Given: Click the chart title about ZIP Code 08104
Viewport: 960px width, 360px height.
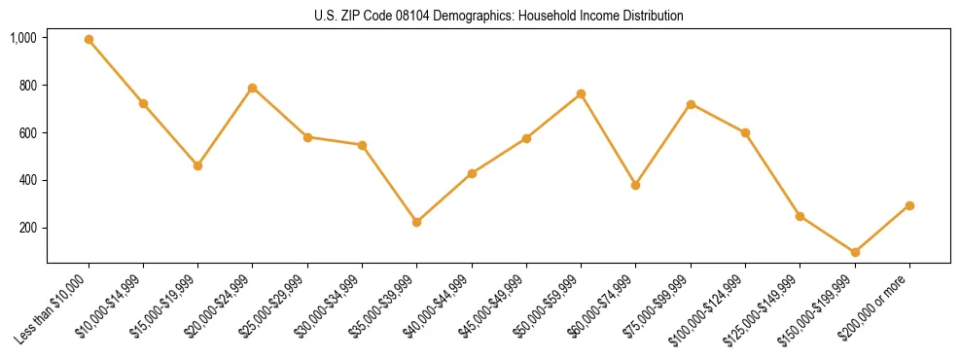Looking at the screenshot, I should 498,16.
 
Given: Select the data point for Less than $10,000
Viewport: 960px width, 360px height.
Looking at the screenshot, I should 89,40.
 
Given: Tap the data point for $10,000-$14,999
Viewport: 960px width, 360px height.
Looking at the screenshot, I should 143,103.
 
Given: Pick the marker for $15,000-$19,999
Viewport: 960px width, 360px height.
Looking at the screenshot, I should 197,165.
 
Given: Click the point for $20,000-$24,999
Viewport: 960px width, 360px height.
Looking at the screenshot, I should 253,88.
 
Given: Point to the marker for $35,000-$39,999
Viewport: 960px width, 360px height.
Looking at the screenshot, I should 416,222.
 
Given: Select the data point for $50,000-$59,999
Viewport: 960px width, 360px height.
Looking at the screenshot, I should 581,93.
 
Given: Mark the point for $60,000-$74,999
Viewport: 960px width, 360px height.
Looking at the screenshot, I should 635,185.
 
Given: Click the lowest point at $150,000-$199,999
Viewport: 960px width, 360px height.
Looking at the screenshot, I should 855,252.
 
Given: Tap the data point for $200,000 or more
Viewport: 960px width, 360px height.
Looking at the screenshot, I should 909,205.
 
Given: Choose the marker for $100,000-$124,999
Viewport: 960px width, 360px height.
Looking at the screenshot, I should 745,132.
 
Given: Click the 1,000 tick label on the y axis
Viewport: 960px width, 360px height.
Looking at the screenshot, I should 23,38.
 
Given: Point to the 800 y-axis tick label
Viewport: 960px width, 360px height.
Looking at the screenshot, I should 28,86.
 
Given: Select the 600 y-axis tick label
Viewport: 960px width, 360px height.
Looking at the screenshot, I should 28,133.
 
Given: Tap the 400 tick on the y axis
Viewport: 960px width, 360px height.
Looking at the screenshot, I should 28,181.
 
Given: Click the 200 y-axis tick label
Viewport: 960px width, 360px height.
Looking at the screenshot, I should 28,229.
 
